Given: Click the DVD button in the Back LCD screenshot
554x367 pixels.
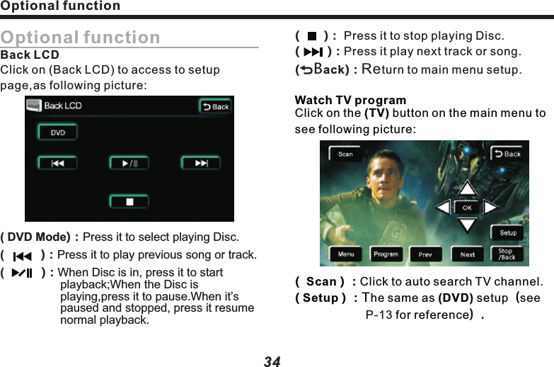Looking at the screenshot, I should (x=57, y=132).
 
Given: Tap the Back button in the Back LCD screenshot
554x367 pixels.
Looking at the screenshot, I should (x=214, y=106).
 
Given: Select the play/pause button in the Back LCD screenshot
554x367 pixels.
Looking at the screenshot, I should (x=129, y=163).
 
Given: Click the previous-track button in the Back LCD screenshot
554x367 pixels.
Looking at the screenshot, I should (x=57, y=163).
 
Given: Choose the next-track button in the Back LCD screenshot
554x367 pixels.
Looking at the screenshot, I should (x=201, y=163).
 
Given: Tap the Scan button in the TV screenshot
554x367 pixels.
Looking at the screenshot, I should (x=345, y=154).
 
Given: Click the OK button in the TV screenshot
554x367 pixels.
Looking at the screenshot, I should (x=467, y=208).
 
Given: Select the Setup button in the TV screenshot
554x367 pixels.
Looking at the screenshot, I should (x=507, y=232).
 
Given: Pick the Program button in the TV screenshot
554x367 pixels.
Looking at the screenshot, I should (x=386, y=254).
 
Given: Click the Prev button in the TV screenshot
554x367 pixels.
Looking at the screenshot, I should (x=425, y=254).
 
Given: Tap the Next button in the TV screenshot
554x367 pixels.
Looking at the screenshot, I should (x=468, y=254).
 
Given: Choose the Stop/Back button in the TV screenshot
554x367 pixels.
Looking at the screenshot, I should (x=506, y=254).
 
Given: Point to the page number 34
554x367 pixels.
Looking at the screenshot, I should (x=272, y=361).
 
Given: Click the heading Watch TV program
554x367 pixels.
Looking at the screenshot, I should (x=350, y=100).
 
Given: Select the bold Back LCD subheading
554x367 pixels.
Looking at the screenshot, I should (x=30, y=55).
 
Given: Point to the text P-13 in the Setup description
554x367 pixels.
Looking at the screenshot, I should (x=379, y=314).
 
